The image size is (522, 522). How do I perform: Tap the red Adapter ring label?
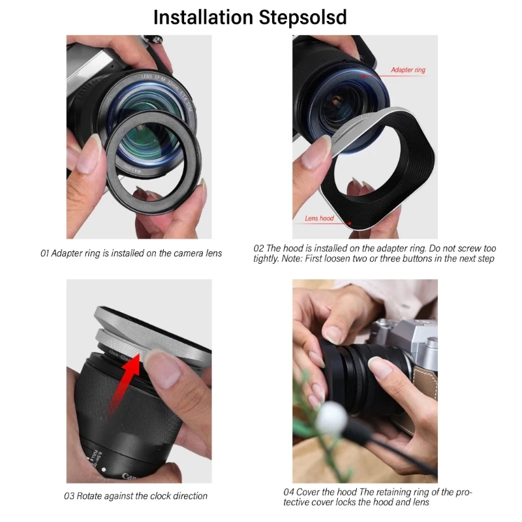point(408,70)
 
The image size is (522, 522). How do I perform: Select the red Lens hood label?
point(319,218)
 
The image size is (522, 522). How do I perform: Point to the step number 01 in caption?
point(45,253)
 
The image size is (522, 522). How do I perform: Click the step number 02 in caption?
point(258,249)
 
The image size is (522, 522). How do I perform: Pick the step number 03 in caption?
point(69,496)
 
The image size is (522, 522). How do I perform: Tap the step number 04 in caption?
point(288,491)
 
